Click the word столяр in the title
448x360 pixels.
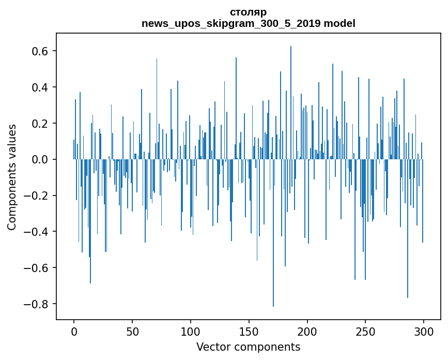(x=248, y=12)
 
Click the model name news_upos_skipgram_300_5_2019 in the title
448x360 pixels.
(x=231, y=24)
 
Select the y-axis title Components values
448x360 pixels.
(x=12, y=177)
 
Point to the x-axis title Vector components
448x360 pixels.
(x=248, y=347)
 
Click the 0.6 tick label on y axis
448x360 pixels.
(x=38, y=51)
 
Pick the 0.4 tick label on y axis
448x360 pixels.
(x=38, y=87)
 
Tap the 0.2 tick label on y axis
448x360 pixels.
(x=38, y=124)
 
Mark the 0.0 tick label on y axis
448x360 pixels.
(x=38, y=159)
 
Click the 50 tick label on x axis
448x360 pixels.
(x=132, y=332)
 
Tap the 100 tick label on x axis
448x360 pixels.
(x=191, y=332)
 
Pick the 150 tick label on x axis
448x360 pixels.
(x=249, y=332)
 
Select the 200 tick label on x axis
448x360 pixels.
(x=307, y=332)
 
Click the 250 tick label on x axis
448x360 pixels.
(x=365, y=332)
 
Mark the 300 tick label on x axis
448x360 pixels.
(x=424, y=332)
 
